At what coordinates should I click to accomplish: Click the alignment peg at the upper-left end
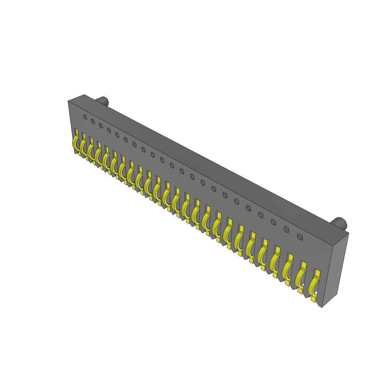point(103,101)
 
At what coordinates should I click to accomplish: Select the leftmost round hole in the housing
point(85,117)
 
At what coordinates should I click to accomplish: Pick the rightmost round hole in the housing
point(300,237)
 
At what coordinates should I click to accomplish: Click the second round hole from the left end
point(93,121)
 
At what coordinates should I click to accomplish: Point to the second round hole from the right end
point(286,229)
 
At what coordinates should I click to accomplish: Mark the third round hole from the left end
point(101,126)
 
